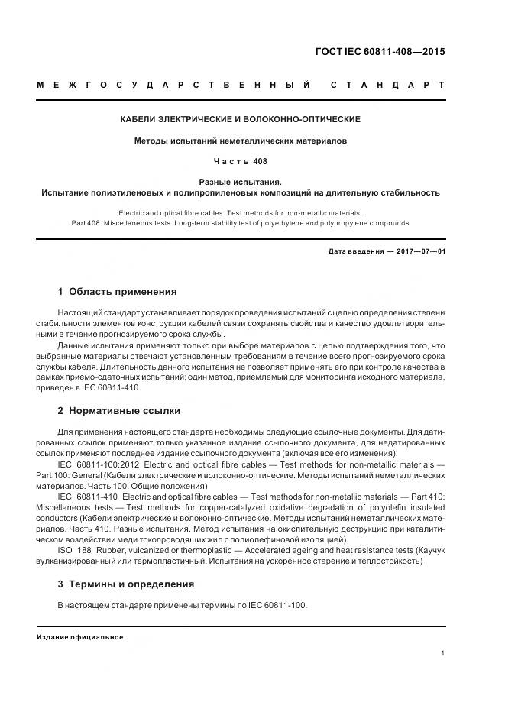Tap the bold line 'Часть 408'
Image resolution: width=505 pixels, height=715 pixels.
tap(240, 161)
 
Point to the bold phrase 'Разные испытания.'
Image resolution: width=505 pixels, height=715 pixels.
tap(240, 183)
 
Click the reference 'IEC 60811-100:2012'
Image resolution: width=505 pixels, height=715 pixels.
tap(97, 464)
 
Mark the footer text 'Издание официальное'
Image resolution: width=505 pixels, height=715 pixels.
tap(80, 636)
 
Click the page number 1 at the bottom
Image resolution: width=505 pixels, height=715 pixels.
tap(442, 653)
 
